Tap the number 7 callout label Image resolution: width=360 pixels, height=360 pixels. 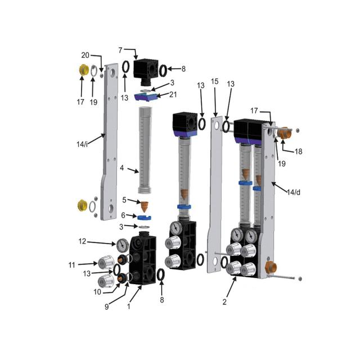[121, 50]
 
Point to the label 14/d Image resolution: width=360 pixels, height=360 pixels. [293, 193]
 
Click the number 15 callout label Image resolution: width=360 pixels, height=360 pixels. [214, 82]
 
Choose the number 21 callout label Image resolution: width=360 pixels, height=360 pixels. [173, 94]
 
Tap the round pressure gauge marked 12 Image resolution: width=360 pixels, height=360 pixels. [121, 244]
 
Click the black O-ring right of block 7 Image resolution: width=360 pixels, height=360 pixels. [162, 70]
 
